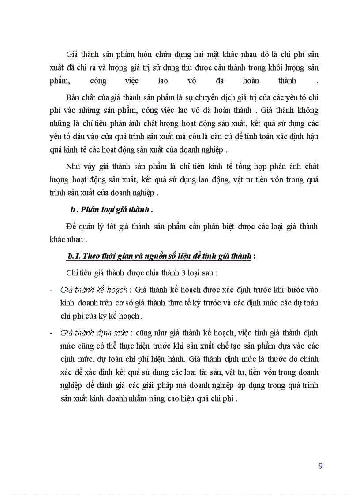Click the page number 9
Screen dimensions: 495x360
[320, 466]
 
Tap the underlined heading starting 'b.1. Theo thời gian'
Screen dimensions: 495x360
[159, 257]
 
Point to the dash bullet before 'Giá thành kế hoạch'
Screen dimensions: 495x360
[52, 290]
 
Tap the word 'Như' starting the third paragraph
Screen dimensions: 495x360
[74, 166]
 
